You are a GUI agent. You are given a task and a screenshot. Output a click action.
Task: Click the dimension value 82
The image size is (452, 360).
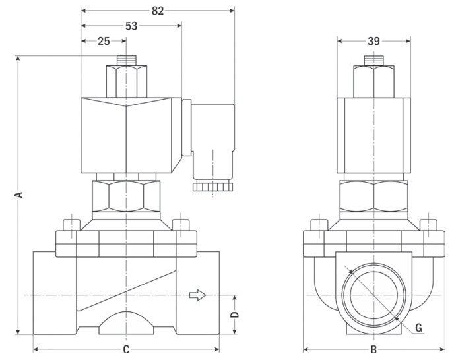click(x=157, y=11)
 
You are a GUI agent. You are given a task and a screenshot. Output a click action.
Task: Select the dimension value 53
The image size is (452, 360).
click(x=131, y=26)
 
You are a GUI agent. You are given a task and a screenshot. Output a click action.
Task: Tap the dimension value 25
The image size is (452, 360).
click(x=104, y=41)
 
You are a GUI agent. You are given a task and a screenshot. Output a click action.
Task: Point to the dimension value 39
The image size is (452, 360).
click(x=373, y=41)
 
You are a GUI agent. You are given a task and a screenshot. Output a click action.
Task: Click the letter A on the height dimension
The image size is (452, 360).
click(x=18, y=195)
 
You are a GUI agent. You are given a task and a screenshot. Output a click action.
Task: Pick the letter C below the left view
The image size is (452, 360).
click(x=126, y=349)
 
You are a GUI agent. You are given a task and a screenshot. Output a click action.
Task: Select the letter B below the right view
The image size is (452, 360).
click(x=373, y=349)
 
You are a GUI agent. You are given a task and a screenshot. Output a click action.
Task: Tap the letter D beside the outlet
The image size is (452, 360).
click(x=234, y=315)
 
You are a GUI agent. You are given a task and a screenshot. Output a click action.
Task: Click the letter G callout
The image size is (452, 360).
click(x=418, y=327)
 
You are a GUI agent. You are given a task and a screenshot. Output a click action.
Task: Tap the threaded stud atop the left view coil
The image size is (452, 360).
click(x=125, y=59)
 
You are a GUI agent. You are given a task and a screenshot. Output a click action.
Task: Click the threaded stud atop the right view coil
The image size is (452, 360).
click(x=373, y=59)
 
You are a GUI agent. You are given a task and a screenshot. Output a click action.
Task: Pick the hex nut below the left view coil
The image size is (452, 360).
click(x=125, y=194)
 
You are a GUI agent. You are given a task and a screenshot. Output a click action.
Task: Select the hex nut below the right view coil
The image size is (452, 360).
click(x=373, y=194)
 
